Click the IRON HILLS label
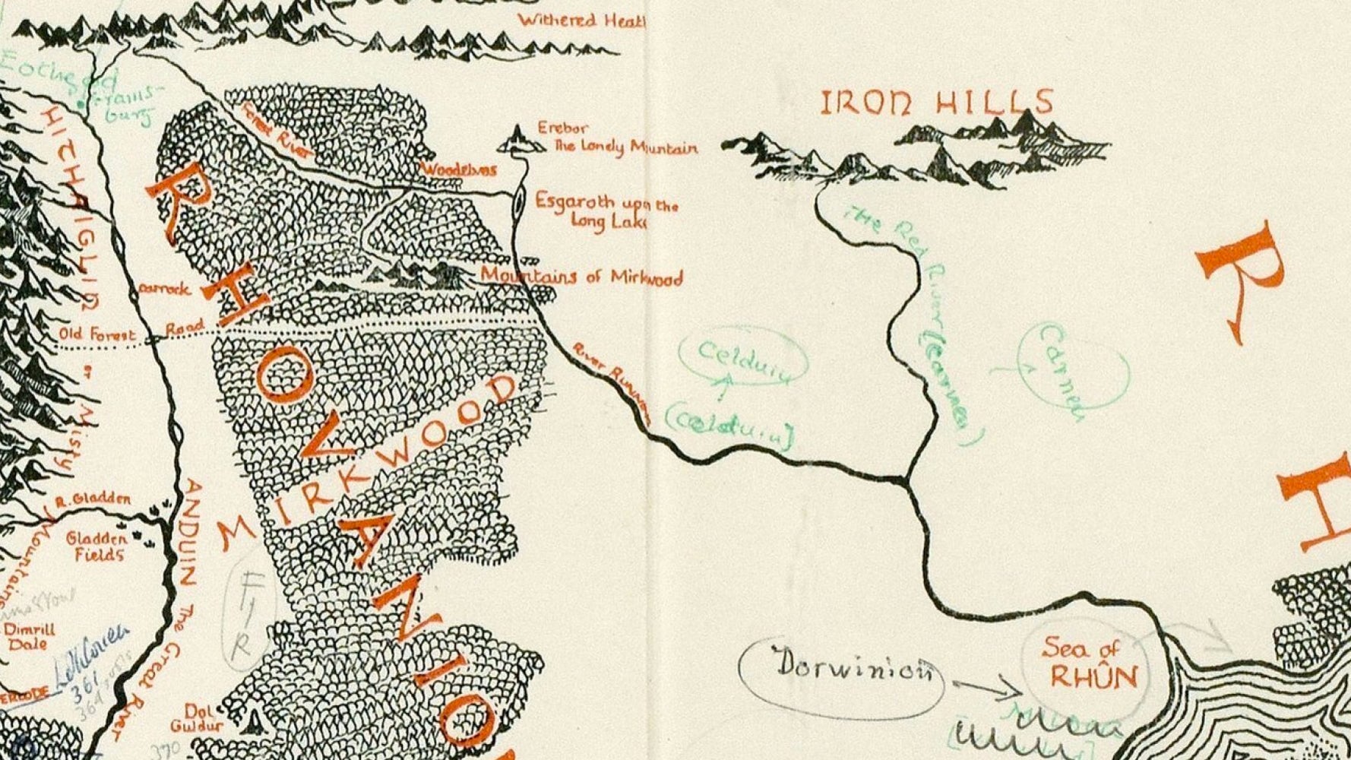(937, 103)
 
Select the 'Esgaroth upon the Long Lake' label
(606, 211)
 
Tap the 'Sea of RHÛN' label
(1082, 663)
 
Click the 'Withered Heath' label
(581, 20)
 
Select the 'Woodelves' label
(459, 169)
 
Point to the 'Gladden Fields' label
(97, 546)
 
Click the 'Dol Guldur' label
(196, 718)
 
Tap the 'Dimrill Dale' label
(28, 637)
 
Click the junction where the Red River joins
(905, 480)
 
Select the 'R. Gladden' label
(93, 500)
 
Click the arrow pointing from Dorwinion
(986, 689)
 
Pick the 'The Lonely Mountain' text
(625, 147)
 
